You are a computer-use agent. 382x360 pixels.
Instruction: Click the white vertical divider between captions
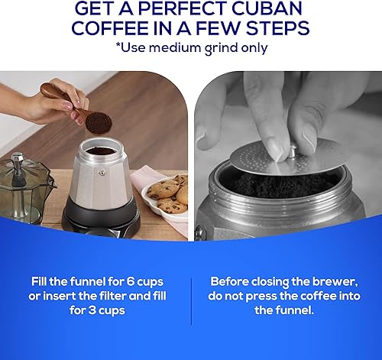(x=191, y=294)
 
